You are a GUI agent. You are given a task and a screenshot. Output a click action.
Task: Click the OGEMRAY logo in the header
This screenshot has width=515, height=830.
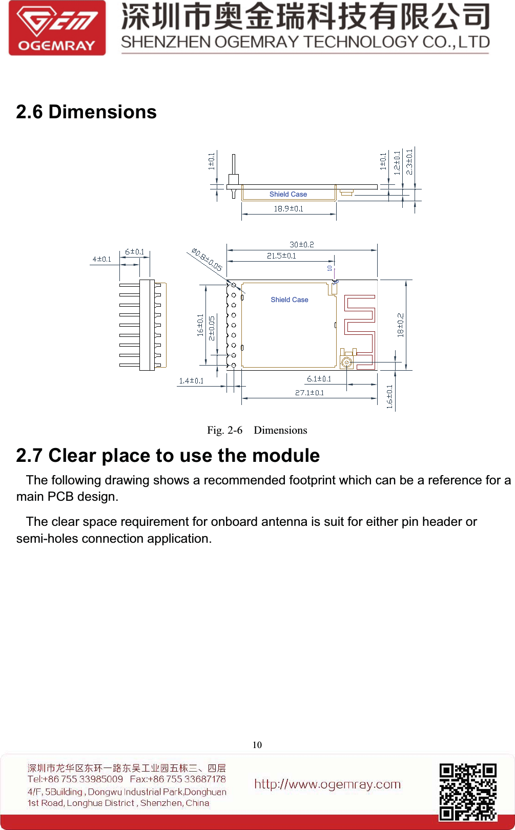[57, 28]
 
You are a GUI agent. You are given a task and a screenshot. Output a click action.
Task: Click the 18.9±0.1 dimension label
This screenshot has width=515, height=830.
[288, 209]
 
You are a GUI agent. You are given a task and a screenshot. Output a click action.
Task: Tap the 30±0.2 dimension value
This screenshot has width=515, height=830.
[301, 245]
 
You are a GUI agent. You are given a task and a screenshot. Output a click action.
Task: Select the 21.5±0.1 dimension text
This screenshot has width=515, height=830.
[281, 256]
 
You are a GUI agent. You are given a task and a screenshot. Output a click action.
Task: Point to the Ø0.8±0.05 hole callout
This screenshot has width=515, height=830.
[207, 260]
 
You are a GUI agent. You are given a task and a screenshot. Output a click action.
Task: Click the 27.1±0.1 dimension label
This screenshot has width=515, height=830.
[309, 393]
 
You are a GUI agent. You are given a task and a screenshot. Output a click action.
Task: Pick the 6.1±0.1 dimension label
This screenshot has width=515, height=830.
[319, 379]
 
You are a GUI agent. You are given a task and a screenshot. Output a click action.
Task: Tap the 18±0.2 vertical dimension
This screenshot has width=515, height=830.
[401, 325]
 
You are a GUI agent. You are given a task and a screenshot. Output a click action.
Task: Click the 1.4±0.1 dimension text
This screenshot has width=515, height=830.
[191, 381]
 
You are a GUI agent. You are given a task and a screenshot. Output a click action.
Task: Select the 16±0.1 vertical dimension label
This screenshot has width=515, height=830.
[200, 325]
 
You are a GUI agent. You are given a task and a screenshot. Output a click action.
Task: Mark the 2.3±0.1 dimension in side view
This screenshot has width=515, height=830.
[409, 162]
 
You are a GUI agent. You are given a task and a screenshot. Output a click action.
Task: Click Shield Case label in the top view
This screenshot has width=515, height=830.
[290, 300]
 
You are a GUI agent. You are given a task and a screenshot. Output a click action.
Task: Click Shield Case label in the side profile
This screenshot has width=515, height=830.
[288, 195]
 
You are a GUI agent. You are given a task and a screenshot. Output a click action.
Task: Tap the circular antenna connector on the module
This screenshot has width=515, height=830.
[347, 363]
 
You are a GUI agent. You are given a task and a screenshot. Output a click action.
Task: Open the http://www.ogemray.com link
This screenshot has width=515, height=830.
[327, 784]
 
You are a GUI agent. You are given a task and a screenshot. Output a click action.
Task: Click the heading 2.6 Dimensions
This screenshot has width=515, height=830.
[86, 112]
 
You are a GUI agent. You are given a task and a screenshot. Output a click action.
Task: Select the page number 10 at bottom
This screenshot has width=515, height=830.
[257, 745]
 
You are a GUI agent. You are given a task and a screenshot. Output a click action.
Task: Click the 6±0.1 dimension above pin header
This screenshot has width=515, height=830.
[134, 252]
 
